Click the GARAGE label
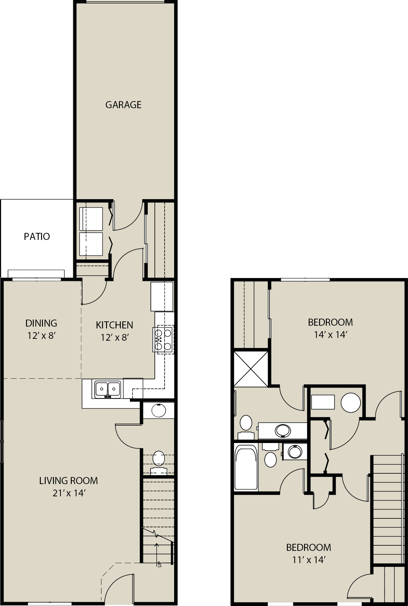pyautogui.click(x=123, y=105)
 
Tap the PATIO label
pyautogui.click(x=37, y=237)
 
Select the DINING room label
pyautogui.click(x=41, y=323)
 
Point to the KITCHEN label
pyautogui.click(x=114, y=325)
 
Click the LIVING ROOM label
pyautogui.click(x=68, y=481)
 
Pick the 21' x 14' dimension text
pyautogui.click(x=68, y=493)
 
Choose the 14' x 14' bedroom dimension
pyautogui.click(x=330, y=335)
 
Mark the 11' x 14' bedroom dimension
pyautogui.click(x=309, y=560)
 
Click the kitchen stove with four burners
pyautogui.click(x=163, y=339)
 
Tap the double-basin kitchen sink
pyautogui.click(x=107, y=389)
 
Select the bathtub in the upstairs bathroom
pyautogui.click(x=246, y=467)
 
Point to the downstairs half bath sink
pyautogui.click(x=159, y=411)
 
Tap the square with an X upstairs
pyautogui.click(x=251, y=368)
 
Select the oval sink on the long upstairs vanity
pyautogui.click(x=283, y=430)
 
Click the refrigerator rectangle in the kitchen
pyautogui.click(x=162, y=297)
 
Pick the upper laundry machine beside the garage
pyautogui.click(x=91, y=219)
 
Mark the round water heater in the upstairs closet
pyautogui.click(x=351, y=403)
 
